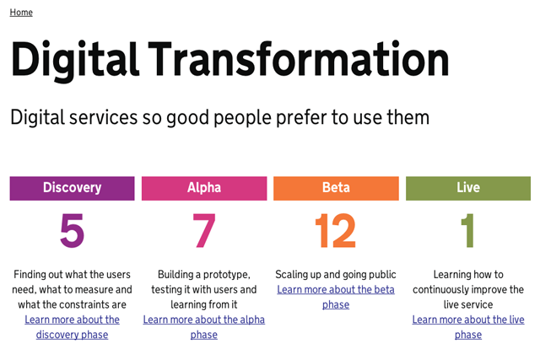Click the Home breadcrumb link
pos(21,13)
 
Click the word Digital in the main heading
pos(75,60)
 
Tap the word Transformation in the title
pos(299,58)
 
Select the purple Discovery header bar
pos(72,188)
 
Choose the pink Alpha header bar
pos(204,188)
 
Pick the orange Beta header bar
pos(336,188)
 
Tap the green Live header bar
pos(468,188)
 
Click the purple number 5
pos(72,231)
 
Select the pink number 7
pos(204,231)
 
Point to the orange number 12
pos(336,231)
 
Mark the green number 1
pos(468,231)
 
